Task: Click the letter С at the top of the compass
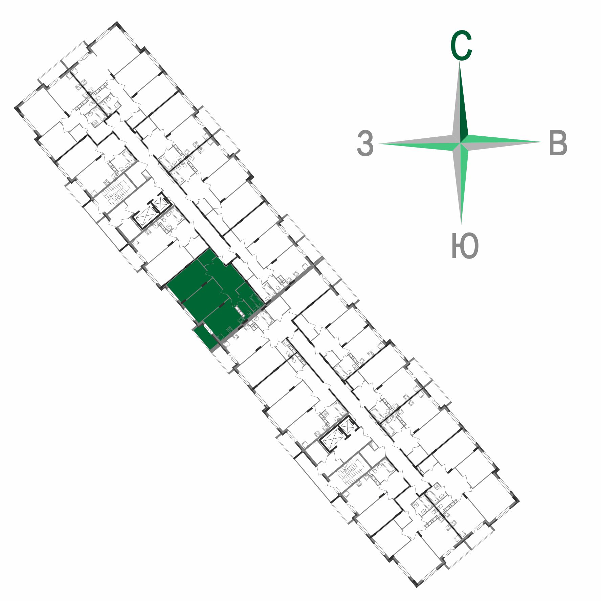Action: coord(461,46)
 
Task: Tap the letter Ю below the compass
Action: coord(465,246)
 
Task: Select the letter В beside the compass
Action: coord(558,143)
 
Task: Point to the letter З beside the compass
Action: coord(365,143)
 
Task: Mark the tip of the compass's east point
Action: coord(543,142)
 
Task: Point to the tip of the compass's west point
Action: coord(378,144)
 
